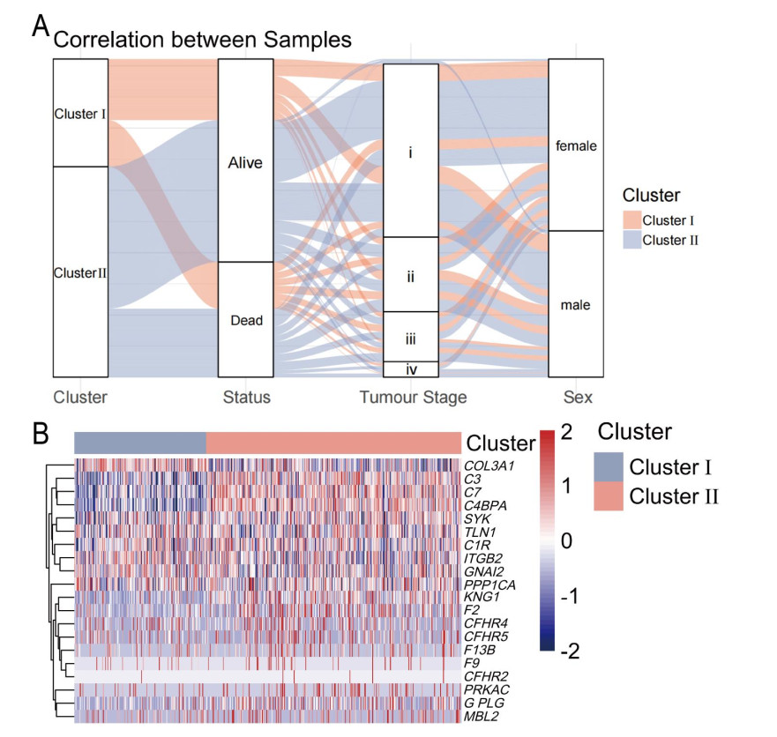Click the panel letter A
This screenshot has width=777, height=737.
(x=40, y=26)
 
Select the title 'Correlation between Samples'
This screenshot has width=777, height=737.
(x=203, y=40)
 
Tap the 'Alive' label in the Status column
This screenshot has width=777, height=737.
(x=246, y=163)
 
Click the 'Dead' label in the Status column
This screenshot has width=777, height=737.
(x=246, y=321)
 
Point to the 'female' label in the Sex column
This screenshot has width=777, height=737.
(x=576, y=146)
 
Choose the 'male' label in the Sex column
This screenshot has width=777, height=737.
(x=576, y=305)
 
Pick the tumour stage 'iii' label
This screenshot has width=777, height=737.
(x=411, y=337)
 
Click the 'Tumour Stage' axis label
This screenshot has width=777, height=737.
(x=413, y=398)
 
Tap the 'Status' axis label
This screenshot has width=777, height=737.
(x=247, y=398)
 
